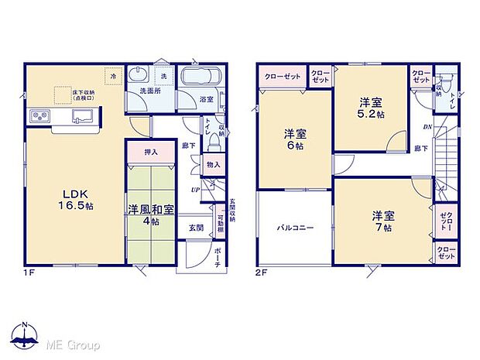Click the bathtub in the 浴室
(200, 79)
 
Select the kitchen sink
(83, 117)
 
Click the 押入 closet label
(153, 152)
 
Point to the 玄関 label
(196, 228)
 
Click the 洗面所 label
(149, 91)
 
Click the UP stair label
(196, 188)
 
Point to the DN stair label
(425, 127)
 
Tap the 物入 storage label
(213, 164)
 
